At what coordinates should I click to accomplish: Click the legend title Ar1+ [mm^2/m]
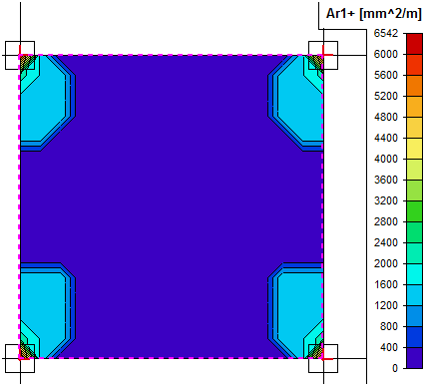pos(374,14)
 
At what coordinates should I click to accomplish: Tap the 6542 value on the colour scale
pos(386,33)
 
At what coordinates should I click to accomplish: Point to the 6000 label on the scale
pos(386,54)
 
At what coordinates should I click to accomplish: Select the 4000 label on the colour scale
pos(386,159)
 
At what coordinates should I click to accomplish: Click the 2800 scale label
pos(386,221)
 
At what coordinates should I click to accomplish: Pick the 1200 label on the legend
pos(386,305)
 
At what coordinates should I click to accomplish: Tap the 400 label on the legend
pos(389,347)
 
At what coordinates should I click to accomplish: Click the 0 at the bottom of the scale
pos(395,368)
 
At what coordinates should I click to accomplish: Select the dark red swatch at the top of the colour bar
pos(414,44)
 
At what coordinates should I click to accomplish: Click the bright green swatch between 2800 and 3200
pos(414,211)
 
